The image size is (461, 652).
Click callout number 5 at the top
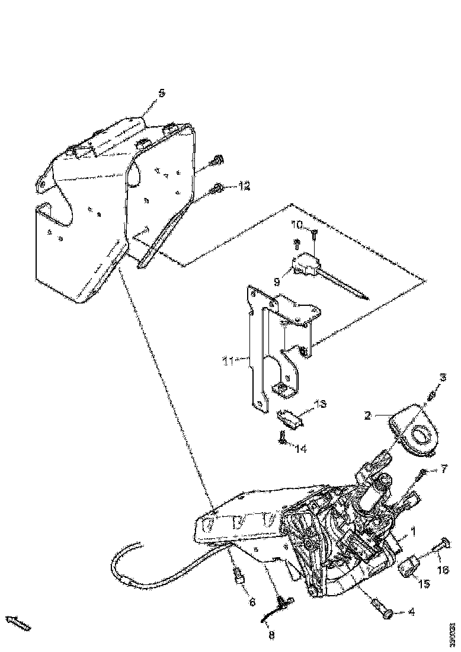point(161,93)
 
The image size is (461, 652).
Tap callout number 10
point(296,225)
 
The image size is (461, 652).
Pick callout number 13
point(321,404)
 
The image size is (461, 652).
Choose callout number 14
point(301,449)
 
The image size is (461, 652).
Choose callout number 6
point(252,602)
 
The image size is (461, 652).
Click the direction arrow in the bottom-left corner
point(18,622)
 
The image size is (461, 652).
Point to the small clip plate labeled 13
point(291,418)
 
